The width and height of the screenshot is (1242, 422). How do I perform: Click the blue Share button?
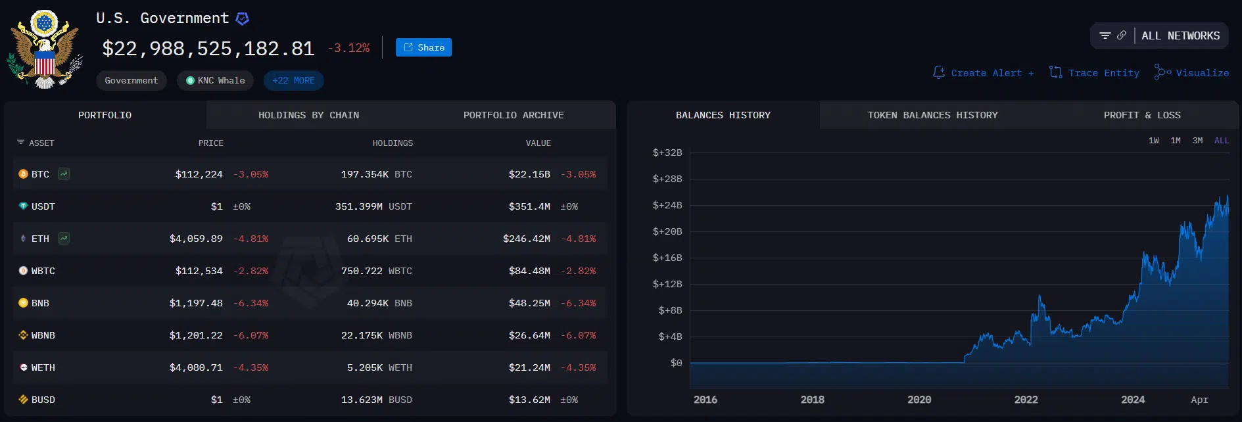[x=423, y=47]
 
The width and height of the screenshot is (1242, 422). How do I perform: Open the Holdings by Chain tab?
[x=308, y=115]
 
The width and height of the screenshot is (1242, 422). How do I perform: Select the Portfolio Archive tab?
[x=514, y=115]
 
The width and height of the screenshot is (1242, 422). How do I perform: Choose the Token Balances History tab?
[x=932, y=115]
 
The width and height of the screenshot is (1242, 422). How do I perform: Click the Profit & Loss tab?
[x=1142, y=115]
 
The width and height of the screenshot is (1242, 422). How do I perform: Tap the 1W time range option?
[x=1154, y=141]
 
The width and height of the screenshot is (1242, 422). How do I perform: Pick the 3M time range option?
[x=1197, y=141]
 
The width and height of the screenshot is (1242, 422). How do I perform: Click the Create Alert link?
[x=984, y=73]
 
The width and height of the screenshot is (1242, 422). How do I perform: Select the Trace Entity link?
[x=1095, y=73]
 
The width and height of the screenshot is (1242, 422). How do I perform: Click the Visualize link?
[x=1192, y=73]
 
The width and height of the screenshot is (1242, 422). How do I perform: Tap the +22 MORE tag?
[x=293, y=80]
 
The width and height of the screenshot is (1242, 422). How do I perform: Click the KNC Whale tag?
[x=215, y=80]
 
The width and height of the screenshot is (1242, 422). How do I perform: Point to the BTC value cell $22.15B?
[x=529, y=174]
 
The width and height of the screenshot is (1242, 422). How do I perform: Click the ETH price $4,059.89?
[x=196, y=239]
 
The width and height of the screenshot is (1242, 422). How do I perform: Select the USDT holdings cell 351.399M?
[x=359, y=206]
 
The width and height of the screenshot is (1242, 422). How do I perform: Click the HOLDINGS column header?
[x=393, y=143]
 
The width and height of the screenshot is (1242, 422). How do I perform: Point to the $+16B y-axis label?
[x=667, y=258]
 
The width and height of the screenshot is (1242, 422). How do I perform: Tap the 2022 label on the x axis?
[x=1026, y=400]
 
